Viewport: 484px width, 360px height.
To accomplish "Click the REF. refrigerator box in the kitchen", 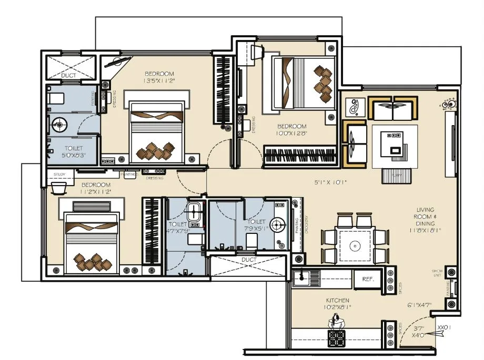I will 368,279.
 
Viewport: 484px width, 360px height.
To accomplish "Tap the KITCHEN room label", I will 337,301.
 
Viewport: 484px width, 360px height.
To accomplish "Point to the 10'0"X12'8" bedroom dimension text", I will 291,134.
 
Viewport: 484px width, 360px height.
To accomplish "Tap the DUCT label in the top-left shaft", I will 68,76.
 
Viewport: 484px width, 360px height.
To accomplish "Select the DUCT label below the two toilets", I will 249,260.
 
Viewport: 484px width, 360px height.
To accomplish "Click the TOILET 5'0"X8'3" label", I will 72,152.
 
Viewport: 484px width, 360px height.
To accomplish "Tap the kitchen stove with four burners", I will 336,337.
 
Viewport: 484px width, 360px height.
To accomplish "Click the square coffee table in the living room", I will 395,146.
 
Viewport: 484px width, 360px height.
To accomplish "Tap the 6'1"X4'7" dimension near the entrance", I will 419,305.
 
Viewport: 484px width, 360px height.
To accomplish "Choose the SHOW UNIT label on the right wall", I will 436,272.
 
